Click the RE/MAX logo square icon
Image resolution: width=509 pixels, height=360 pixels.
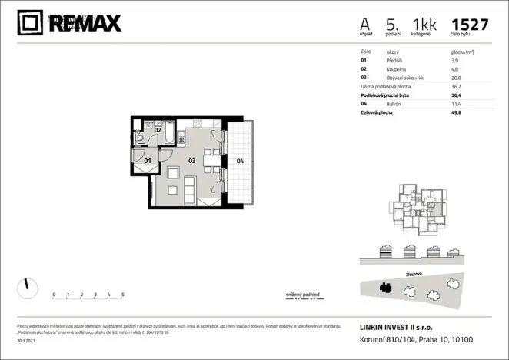[x=31, y=24]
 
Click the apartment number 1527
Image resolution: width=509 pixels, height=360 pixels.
[x=470, y=24]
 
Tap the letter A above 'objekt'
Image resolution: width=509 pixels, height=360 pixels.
[x=365, y=24]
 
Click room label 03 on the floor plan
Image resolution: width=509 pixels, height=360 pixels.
[x=192, y=161]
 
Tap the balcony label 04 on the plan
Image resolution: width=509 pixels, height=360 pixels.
[x=240, y=161]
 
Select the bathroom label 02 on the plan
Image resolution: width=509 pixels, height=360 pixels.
[x=157, y=130]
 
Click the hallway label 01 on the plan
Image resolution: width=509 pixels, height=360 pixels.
[x=147, y=161]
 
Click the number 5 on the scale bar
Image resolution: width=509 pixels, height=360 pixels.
[x=123, y=295]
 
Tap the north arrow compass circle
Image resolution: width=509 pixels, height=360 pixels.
[x=27, y=288]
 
